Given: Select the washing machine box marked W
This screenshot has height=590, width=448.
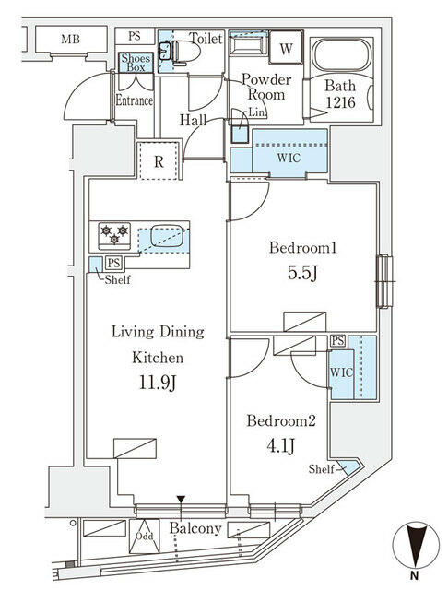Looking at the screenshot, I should [286, 48].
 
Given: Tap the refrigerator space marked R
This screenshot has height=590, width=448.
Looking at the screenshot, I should [159, 162].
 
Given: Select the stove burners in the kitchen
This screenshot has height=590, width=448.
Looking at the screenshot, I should [112, 235].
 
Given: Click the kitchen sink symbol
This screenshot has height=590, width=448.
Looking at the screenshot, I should [166, 235].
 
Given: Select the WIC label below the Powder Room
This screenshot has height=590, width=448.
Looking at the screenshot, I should [288, 157].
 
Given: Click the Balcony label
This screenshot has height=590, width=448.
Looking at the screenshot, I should [195, 528].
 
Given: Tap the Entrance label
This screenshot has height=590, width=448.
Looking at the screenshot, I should [134, 100].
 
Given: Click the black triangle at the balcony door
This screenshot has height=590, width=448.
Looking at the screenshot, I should [182, 501].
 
